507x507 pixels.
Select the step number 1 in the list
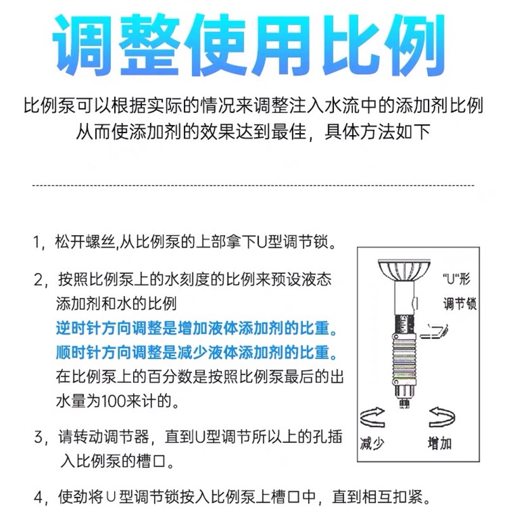pyautogui.click(x=37, y=243)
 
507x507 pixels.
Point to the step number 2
pyautogui.click(x=37, y=279)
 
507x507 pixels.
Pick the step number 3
pyautogui.click(x=37, y=437)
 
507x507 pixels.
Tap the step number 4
pyautogui.click(x=37, y=495)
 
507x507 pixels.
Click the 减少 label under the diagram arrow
pyautogui.click(x=371, y=443)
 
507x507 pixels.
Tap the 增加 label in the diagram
pyautogui.click(x=439, y=443)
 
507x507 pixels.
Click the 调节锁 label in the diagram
pyautogui.click(x=459, y=304)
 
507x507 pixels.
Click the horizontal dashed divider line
pyautogui.click(x=253, y=186)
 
